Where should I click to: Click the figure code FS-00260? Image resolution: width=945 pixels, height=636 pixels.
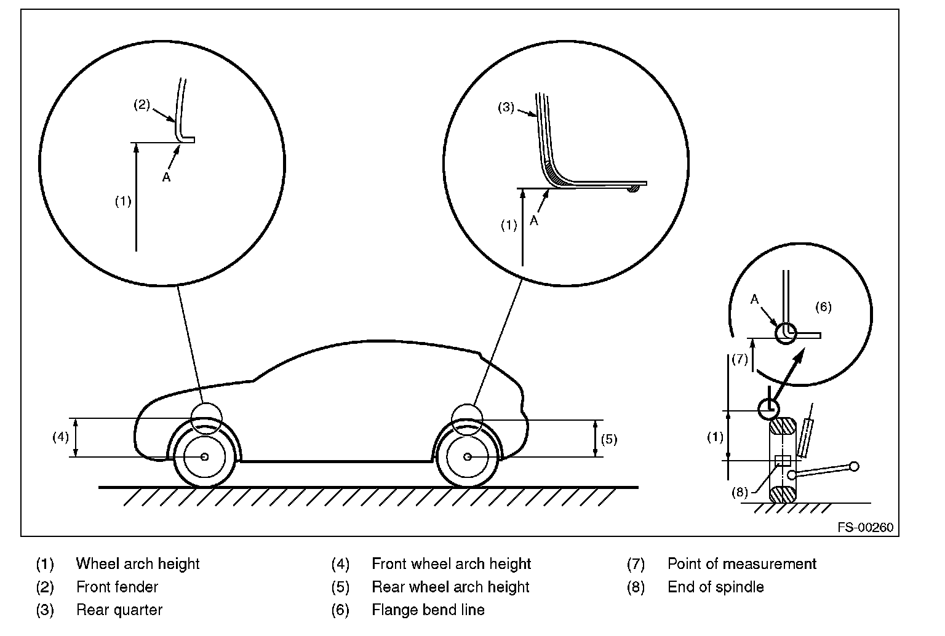tap(865, 528)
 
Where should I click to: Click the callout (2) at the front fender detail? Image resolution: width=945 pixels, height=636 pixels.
tap(142, 105)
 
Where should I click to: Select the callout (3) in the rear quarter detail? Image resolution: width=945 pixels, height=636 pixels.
tap(506, 108)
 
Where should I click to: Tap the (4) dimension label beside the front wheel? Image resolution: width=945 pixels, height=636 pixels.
tap(60, 437)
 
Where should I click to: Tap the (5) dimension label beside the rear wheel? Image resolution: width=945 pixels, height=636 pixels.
tap(608, 439)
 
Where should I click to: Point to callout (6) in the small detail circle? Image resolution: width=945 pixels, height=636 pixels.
tap(823, 307)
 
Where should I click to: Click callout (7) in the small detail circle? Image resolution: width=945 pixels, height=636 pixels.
tap(739, 359)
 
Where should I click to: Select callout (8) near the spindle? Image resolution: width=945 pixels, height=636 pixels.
tap(740, 491)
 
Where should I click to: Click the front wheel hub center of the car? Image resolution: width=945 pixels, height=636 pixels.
tap(204, 456)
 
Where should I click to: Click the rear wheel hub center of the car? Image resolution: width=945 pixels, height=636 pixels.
tap(468, 456)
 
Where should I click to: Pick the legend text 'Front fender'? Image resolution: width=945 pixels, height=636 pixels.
tap(117, 587)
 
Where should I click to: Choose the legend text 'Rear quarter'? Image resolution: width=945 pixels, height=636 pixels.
tap(119, 610)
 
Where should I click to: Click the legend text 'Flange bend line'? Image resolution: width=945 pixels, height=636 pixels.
tap(428, 610)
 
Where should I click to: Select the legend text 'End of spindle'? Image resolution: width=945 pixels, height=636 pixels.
tap(716, 587)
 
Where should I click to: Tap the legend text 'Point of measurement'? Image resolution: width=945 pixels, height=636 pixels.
tap(742, 563)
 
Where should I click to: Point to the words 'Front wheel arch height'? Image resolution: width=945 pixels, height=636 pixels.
tap(451, 563)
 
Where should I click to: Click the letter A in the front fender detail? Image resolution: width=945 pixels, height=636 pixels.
tap(166, 177)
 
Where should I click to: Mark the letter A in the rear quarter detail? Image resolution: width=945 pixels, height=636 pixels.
tap(534, 220)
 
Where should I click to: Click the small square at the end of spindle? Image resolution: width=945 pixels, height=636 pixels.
tap(782, 461)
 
